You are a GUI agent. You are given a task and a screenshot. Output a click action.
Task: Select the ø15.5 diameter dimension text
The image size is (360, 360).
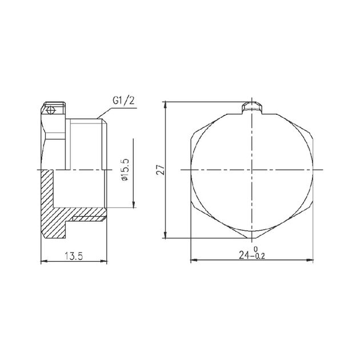pos(126,171)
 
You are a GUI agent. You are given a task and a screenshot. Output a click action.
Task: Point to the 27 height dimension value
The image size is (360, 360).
pos(161,170)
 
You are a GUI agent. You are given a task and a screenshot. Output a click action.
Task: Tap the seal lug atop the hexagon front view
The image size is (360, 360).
pos(252,107)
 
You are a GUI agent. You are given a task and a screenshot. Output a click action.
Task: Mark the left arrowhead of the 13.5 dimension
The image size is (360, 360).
pos(45,262)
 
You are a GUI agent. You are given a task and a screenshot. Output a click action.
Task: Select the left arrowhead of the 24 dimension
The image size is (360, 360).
pos(193,261)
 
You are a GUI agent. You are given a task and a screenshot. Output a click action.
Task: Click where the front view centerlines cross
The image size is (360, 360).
pos(252,170)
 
